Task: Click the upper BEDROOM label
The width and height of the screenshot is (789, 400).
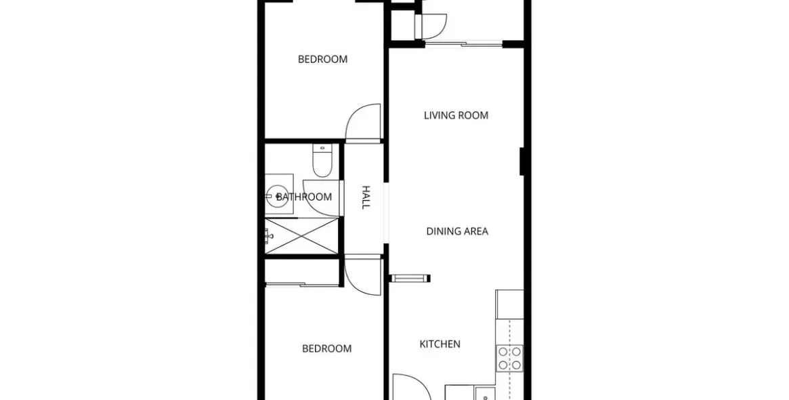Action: pyautogui.click(x=322, y=60)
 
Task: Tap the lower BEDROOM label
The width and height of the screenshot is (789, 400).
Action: pyautogui.click(x=326, y=348)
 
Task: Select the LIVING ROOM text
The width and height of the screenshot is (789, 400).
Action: pyautogui.click(x=456, y=115)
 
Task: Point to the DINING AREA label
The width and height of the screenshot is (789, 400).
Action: pyautogui.click(x=457, y=232)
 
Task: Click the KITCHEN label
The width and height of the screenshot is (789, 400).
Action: pyautogui.click(x=440, y=344)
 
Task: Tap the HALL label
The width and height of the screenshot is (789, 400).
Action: pyautogui.click(x=366, y=197)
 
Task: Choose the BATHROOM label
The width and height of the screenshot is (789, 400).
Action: pyautogui.click(x=304, y=197)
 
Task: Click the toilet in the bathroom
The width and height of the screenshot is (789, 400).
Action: pyautogui.click(x=322, y=160)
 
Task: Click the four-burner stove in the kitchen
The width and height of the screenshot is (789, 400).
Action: pyautogui.click(x=510, y=359)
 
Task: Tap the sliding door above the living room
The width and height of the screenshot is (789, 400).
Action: pyautogui.click(x=464, y=44)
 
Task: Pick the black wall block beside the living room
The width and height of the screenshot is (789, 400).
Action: pyautogui.click(x=521, y=161)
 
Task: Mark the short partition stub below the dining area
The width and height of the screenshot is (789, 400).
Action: pyautogui.click(x=410, y=277)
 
